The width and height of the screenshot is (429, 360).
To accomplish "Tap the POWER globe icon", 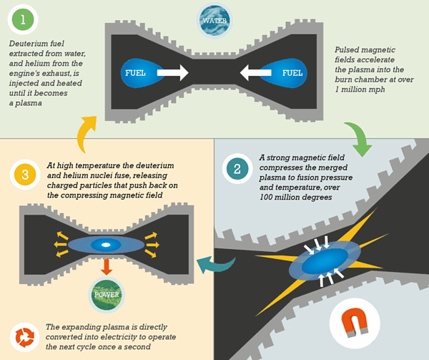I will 105,293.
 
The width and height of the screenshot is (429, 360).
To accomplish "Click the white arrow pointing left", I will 255,73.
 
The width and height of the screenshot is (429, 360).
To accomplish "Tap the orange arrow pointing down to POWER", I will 105,266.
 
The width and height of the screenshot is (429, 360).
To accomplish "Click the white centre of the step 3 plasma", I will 105,245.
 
